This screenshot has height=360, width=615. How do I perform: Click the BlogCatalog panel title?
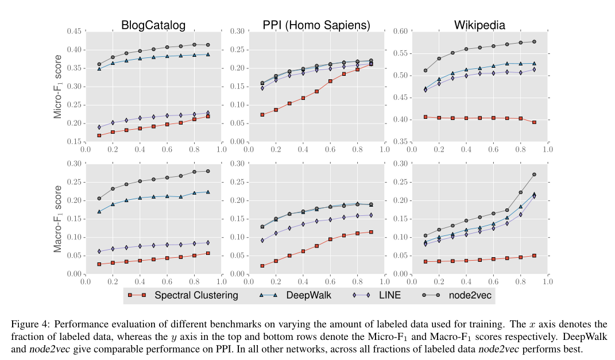click(153, 25)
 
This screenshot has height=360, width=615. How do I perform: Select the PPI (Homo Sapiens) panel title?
click(316, 25)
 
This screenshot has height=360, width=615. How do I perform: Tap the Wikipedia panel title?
click(479, 25)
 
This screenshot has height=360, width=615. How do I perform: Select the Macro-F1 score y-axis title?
click(58, 219)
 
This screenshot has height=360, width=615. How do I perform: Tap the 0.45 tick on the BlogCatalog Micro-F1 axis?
click(75, 32)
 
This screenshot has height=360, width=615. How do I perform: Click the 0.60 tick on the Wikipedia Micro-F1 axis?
click(401, 32)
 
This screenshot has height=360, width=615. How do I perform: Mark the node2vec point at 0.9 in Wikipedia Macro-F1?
click(534, 175)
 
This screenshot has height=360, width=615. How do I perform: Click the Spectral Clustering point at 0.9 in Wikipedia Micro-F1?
click(534, 122)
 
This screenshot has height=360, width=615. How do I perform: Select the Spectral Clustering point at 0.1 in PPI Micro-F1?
click(262, 115)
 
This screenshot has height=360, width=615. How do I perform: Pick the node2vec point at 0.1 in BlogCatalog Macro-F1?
click(99, 199)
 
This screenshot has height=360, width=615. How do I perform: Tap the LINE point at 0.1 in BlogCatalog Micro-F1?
click(99, 127)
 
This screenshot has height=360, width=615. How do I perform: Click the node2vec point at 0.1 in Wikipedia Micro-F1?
click(426, 71)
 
